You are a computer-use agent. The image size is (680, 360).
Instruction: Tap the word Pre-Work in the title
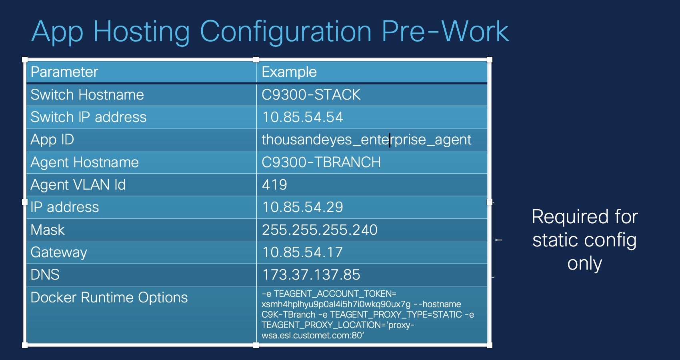(445, 31)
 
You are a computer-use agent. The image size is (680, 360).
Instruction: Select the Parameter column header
(64, 72)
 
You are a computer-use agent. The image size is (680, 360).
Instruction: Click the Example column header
(289, 72)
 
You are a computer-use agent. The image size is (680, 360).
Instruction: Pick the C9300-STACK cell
(311, 95)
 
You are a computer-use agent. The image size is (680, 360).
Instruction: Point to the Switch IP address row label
(88, 117)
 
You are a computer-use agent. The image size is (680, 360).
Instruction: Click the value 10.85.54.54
(302, 117)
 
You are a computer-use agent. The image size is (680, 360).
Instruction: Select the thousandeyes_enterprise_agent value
(366, 140)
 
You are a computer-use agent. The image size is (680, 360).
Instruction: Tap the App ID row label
(52, 140)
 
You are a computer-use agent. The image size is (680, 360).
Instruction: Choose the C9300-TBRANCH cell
(321, 162)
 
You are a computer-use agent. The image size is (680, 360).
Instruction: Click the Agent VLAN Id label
(78, 185)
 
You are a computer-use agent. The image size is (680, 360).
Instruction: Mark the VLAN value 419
(274, 185)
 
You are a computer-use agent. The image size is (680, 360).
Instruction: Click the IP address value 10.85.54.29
(302, 207)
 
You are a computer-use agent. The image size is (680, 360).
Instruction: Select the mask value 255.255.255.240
(320, 230)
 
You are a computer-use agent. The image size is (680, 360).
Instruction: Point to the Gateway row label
(58, 252)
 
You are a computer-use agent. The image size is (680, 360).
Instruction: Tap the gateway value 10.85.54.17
(302, 252)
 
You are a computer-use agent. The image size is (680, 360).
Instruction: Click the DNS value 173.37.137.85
(311, 275)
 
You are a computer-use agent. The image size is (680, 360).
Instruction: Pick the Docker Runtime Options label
(109, 298)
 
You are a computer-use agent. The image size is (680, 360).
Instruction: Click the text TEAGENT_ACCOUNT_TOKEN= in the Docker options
(335, 294)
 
